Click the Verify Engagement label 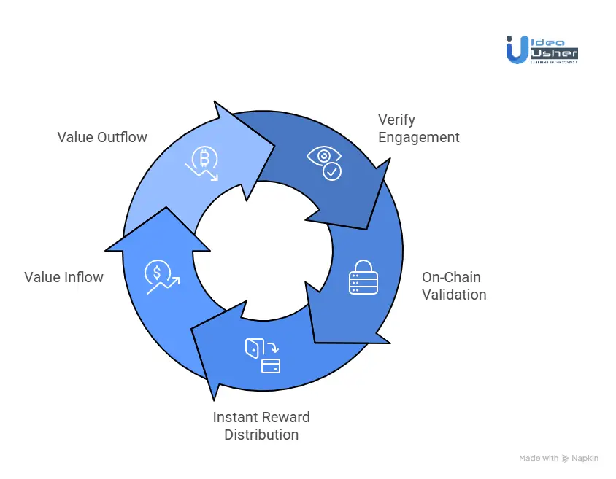click(418, 128)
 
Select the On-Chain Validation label click(454, 286)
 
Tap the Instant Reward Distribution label click(261, 426)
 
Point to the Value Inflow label click(63, 277)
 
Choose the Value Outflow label click(102, 137)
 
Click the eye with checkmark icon click(324, 163)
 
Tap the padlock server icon click(363, 277)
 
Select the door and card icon click(263, 355)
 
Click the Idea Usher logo click(542, 50)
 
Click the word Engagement click(418, 137)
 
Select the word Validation click(454, 295)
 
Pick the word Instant click(236, 417)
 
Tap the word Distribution click(261, 435)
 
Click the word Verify click(396, 120)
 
